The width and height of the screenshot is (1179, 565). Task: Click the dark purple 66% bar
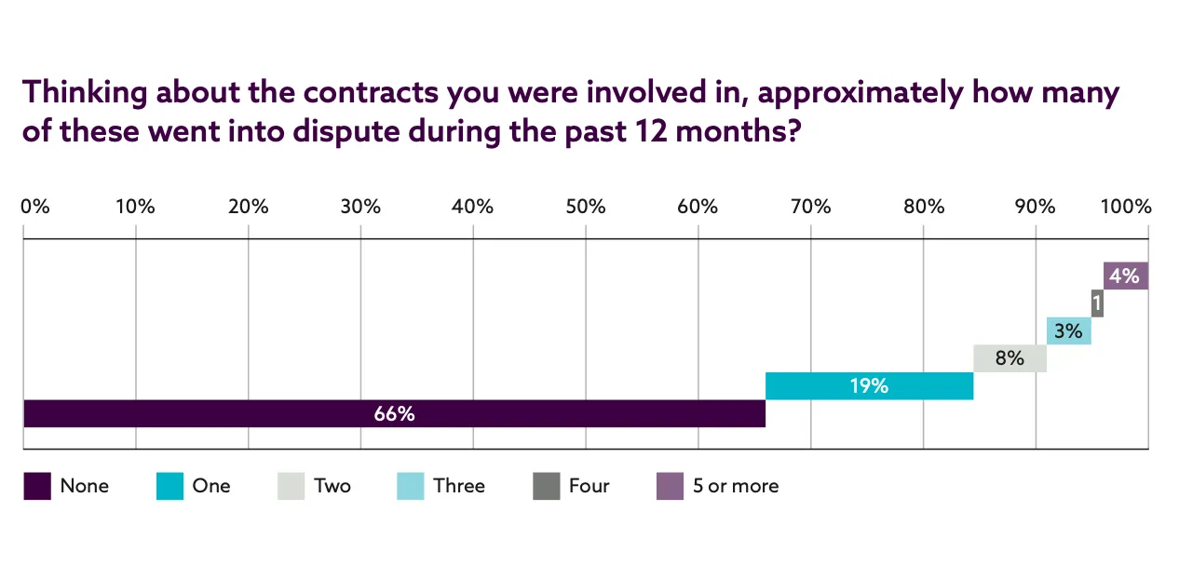click(394, 413)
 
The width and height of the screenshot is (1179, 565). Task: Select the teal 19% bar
click(869, 385)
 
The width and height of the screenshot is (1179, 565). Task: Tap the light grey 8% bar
click(1010, 357)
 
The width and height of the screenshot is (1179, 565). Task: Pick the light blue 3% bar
click(1068, 330)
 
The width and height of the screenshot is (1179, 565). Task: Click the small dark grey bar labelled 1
click(1097, 303)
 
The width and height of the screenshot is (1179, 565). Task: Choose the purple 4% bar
click(1125, 276)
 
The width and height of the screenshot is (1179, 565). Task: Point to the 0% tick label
click(34, 207)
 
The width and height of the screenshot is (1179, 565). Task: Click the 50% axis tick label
click(585, 207)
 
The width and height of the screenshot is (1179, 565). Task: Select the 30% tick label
click(360, 207)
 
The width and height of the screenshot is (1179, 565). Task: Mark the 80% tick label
click(923, 207)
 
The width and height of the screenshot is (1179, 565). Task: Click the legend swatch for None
click(37, 486)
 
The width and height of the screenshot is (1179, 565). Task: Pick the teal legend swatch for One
click(169, 486)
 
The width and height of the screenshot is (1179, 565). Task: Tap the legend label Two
click(332, 486)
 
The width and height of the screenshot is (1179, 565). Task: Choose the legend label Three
click(459, 486)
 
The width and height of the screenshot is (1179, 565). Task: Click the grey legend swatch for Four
click(546, 486)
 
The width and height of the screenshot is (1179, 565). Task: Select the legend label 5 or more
click(736, 486)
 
